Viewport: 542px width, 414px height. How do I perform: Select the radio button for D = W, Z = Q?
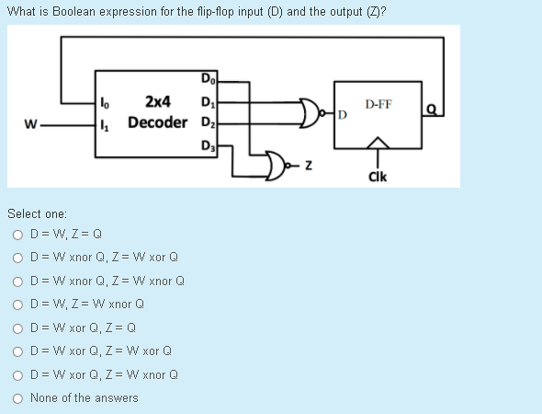[x=17, y=234]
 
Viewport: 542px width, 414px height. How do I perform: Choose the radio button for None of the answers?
[x=17, y=397]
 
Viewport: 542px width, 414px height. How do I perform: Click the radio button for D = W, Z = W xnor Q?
[x=17, y=304]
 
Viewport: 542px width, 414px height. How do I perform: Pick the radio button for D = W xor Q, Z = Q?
[x=17, y=328]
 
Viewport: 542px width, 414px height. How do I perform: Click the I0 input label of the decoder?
[x=103, y=101]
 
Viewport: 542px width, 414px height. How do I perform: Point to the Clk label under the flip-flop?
[x=377, y=176]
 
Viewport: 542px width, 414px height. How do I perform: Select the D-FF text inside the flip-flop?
[x=378, y=104]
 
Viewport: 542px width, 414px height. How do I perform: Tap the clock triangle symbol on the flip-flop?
[x=377, y=144]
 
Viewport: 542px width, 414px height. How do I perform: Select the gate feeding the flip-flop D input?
[x=311, y=111]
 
